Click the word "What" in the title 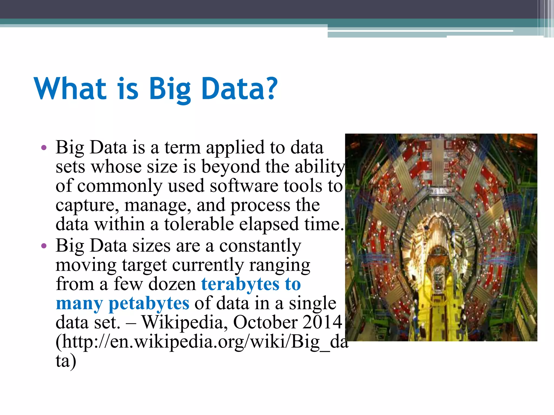tap(70, 88)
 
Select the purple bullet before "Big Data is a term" tap(44, 148)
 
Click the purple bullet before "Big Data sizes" tap(44, 246)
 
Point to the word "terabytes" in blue tap(240, 284)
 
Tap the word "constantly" tap(260, 246)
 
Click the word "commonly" tap(120, 186)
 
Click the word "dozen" tap(172, 284)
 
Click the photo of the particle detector tap(441, 237)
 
